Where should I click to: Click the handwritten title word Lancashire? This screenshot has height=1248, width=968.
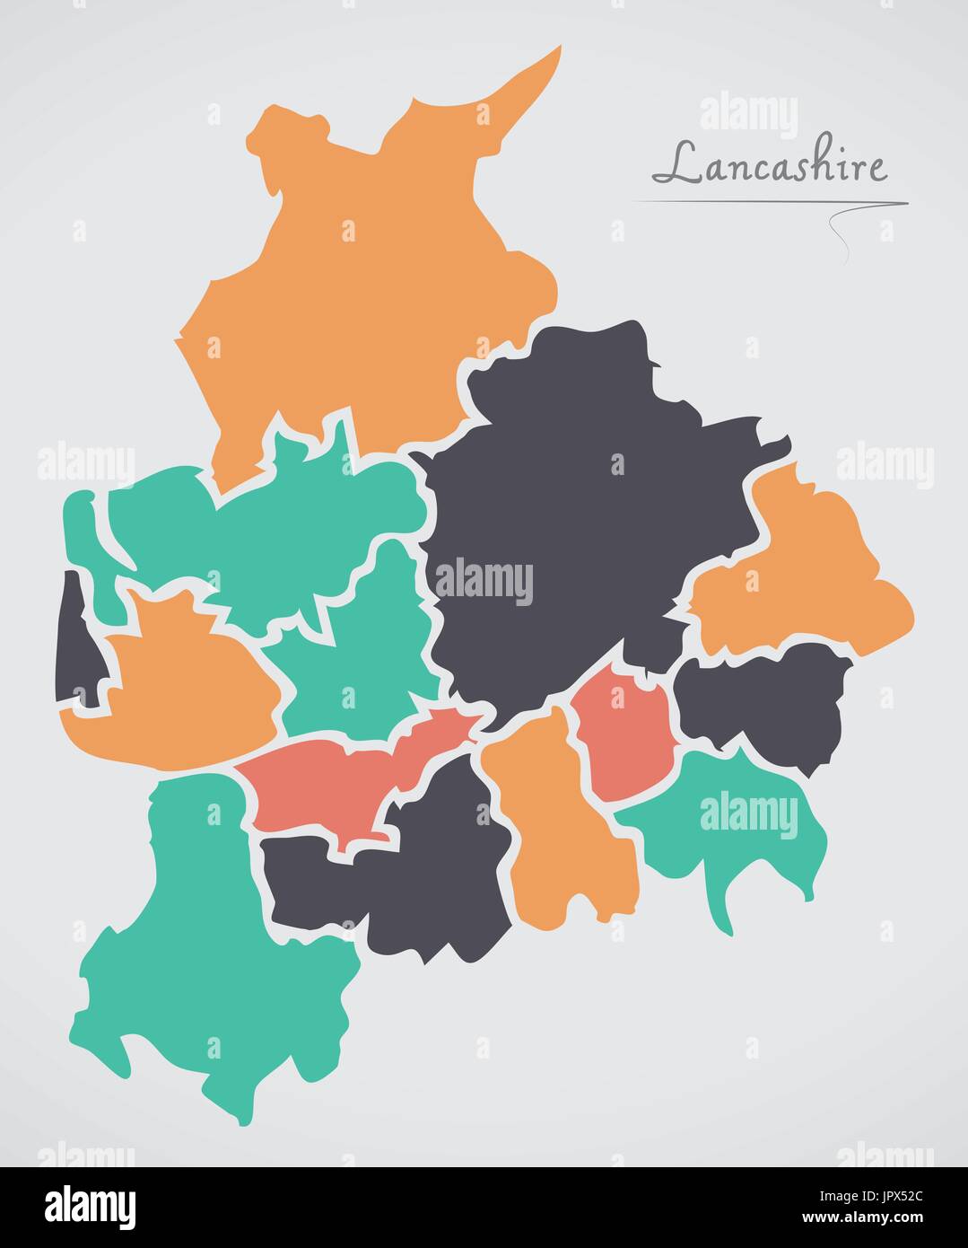[769, 164]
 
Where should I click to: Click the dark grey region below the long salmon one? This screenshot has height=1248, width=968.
[422, 880]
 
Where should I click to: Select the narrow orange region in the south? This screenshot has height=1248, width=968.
[561, 826]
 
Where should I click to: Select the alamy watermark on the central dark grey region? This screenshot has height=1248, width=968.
[484, 581]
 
